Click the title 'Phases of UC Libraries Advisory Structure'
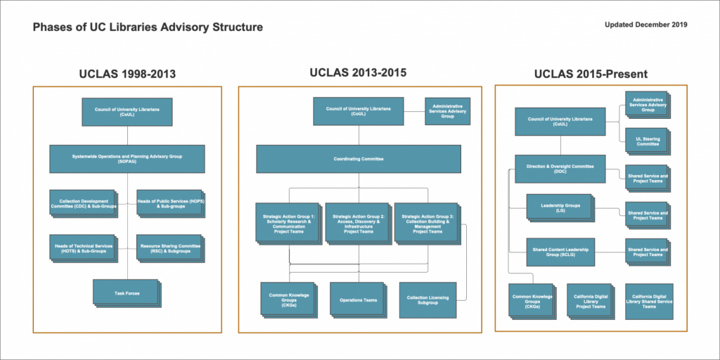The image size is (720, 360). pyautogui.click(x=148, y=27)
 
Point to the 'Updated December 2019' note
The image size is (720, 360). pyautogui.click(x=645, y=25)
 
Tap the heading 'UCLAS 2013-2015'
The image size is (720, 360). pyautogui.click(x=358, y=72)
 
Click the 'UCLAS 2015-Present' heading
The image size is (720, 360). pyautogui.click(x=591, y=74)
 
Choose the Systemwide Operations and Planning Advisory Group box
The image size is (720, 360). pyautogui.click(x=127, y=159)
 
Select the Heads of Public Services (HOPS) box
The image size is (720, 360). pyautogui.click(x=169, y=203)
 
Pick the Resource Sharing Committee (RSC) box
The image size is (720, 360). pyautogui.click(x=169, y=247)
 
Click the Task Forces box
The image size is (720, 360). pyautogui.click(x=127, y=292)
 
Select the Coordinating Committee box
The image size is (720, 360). pyautogui.click(x=358, y=159)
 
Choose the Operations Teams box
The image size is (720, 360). pyautogui.click(x=358, y=300)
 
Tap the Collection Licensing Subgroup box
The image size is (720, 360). pyautogui.click(x=427, y=300)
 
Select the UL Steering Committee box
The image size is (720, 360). pyautogui.click(x=645, y=141)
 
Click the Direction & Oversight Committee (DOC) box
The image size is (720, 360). pyautogui.click(x=560, y=169)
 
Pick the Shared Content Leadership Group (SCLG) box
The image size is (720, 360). pyautogui.click(x=560, y=252)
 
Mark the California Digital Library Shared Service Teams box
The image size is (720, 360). pyautogui.click(x=649, y=301)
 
